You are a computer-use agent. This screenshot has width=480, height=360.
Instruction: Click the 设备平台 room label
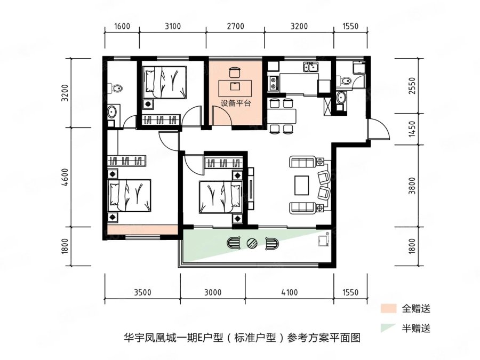236,103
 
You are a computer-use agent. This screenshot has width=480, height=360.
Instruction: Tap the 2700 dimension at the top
235,26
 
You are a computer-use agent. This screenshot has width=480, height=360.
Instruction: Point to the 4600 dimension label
65,177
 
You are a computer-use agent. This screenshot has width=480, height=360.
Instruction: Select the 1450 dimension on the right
413,129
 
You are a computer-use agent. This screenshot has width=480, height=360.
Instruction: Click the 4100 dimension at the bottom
289,293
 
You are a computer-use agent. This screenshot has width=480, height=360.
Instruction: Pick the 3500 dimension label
142,293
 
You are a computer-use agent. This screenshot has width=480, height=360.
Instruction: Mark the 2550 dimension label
413,85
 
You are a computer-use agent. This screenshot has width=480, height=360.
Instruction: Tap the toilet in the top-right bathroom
344,81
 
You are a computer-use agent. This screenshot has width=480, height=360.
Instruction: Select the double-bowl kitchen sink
311,67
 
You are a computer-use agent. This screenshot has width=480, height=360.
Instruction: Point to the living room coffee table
302,185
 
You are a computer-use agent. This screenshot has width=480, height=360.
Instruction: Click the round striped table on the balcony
252,243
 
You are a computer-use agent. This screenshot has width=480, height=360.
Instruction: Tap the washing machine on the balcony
324,241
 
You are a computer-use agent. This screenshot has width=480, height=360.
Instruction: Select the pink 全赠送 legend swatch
388,308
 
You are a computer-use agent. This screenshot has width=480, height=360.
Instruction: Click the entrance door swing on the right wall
379,130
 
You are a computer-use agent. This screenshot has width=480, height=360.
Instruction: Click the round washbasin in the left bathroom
112,112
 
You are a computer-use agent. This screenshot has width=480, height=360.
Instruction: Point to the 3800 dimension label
413,186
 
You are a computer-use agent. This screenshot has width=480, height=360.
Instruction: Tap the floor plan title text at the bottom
242,338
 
